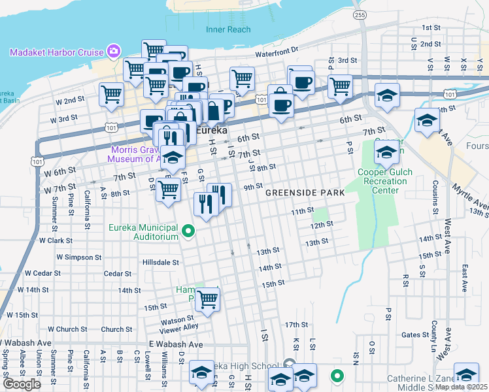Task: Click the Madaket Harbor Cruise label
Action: click(56, 52)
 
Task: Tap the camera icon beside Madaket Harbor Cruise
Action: click(114, 51)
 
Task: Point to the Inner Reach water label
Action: click(228, 29)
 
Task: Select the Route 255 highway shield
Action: click(359, 14)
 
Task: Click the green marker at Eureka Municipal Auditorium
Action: click(189, 231)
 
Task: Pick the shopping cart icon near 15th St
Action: click(207, 299)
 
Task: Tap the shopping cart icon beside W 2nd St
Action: click(110, 94)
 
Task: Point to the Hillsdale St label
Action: click(160, 262)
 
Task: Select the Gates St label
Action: click(414, 335)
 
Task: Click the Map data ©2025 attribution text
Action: click(461, 387)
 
